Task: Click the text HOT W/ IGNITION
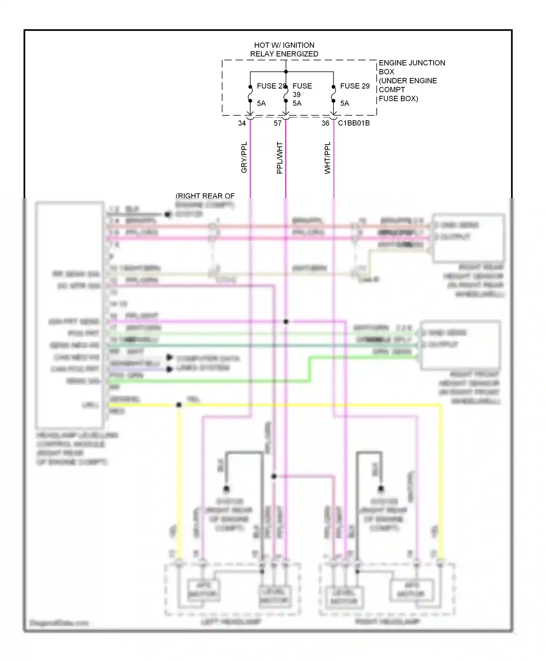point(284,45)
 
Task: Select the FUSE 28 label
point(271,86)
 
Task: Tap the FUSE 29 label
point(355,86)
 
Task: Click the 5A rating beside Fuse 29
point(344,103)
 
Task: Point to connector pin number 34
point(242,124)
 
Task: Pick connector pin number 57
point(277,124)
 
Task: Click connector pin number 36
point(325,124)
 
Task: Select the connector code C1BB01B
point(353,123)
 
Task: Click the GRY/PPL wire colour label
point(244,157)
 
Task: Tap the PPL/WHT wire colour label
point(280,158)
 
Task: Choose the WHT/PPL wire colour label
point(327,158)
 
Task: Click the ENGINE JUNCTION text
point(412,63)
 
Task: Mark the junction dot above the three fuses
point(286,72)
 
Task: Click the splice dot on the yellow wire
point(179,405)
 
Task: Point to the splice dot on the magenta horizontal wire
point(286,321)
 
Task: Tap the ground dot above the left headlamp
point(226,489)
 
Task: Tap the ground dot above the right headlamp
point(381,489)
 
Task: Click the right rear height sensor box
point(468,238)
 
